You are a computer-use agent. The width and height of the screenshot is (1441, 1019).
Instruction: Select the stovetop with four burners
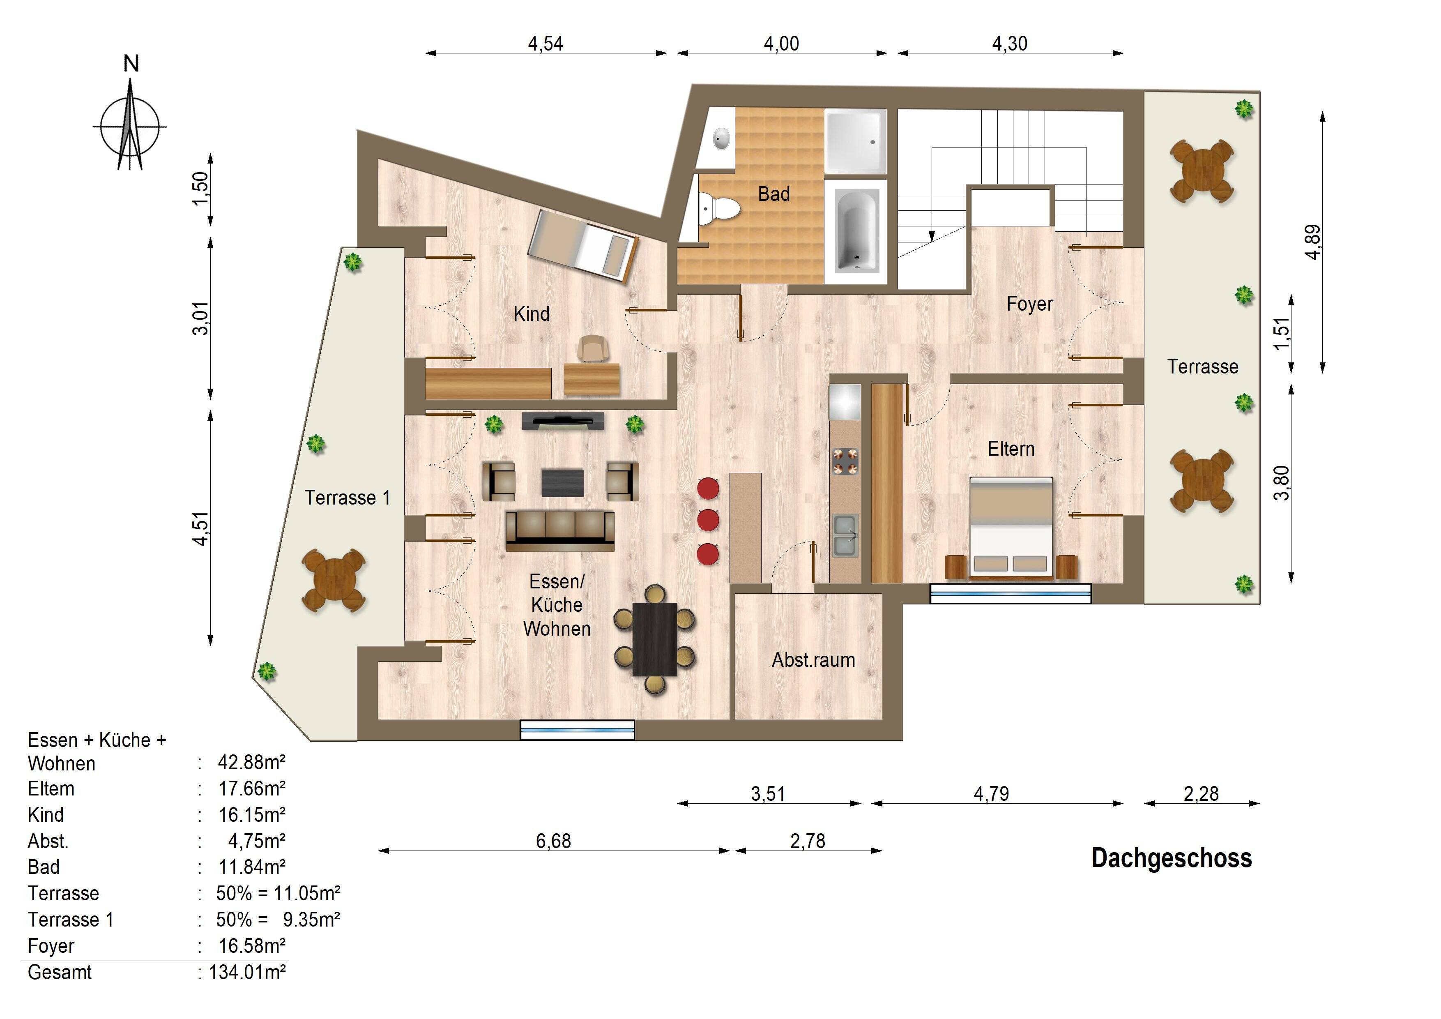845,461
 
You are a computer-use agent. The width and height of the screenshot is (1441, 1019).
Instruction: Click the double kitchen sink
845,535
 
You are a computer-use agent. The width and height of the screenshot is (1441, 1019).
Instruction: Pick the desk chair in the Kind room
593,348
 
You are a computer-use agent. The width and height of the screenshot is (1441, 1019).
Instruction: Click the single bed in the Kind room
583,246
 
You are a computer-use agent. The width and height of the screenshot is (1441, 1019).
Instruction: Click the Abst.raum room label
813,660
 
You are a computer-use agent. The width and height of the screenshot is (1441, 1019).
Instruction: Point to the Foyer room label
1029,304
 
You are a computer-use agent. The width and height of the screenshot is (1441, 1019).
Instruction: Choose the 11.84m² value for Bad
252,867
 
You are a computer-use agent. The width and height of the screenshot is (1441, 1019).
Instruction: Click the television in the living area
563,421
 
